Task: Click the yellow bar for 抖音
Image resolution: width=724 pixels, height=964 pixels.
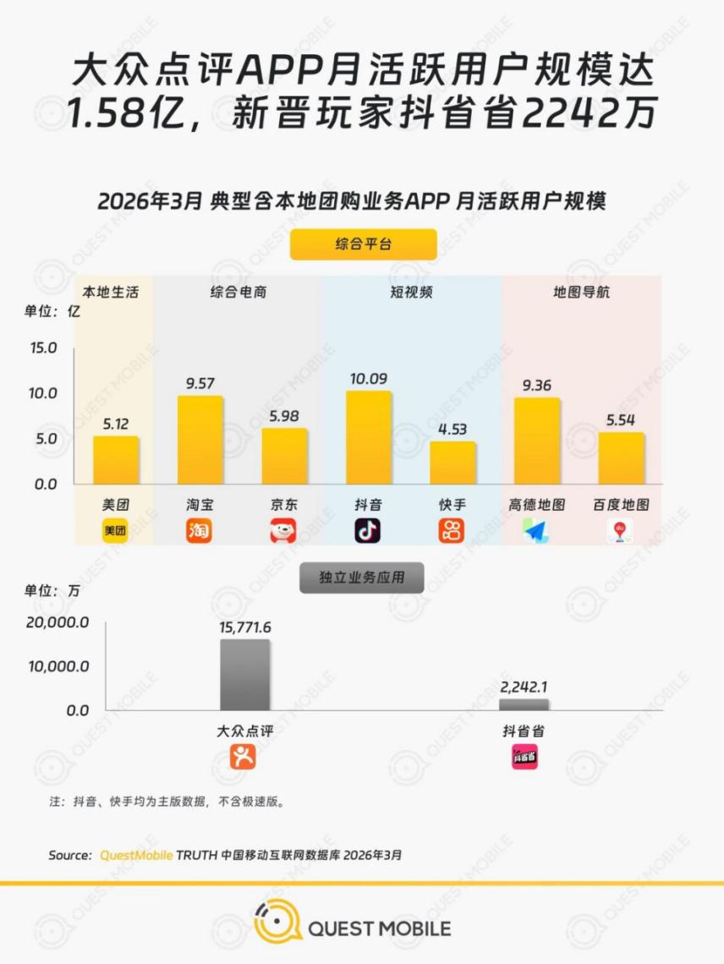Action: tap(369, 437)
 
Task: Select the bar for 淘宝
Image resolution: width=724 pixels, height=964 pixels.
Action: tap(200, 440)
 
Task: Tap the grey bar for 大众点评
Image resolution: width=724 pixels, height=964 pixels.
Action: tap(245, 675)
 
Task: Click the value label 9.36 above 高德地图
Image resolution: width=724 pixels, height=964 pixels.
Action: tap(537, 386)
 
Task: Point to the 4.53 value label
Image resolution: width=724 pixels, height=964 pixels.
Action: tap(452, 429)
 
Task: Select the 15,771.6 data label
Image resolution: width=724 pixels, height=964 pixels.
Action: tap(245, 628)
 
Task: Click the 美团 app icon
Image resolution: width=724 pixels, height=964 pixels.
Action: tap(115, 531)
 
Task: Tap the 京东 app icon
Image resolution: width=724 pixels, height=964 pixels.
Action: tap(283, 531)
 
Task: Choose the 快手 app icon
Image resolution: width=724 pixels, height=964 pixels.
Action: tap(452, 531)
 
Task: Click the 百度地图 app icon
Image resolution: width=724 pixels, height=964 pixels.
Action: tap(620, 531)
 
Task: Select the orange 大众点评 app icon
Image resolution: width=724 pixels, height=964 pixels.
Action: tap(244, 757)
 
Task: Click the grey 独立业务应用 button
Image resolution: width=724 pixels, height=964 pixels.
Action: tap(361, 578)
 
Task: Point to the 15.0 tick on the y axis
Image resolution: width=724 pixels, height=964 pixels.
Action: tap(42, 348)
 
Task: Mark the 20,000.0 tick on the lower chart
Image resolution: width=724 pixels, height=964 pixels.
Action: tap(58, 622)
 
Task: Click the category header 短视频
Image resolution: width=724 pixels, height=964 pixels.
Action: tap(411, 293)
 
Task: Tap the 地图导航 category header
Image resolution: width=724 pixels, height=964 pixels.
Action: tap(581, 293)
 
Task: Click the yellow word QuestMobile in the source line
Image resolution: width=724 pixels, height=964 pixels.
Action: tap(136, 855)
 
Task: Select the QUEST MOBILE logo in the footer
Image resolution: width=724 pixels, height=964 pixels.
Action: tap(353, 928)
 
